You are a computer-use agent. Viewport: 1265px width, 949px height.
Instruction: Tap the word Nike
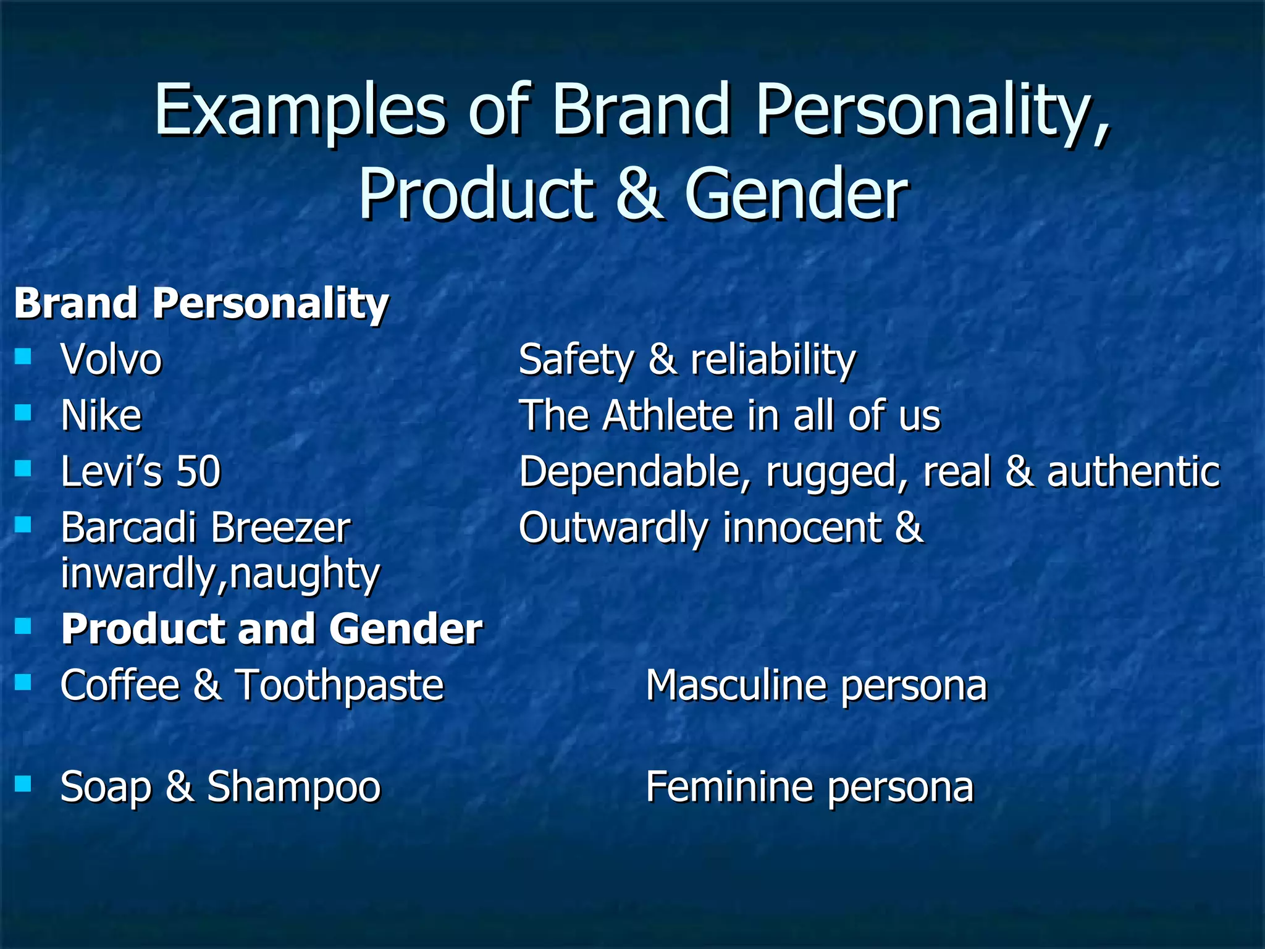coord(101,415)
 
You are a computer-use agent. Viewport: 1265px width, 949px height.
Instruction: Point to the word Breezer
coord(281,528)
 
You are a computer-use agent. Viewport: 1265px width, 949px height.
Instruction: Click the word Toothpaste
coord(340,686)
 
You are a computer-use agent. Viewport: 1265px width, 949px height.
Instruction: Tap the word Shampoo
coord(294,787)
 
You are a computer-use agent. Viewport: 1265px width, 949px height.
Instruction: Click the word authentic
coord(1133,471)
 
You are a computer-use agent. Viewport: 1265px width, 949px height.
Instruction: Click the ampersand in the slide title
coord(639,194)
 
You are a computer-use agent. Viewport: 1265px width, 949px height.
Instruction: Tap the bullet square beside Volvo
coord(23,356)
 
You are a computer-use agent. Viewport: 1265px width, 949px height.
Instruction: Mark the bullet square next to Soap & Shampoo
coord(23,784)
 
